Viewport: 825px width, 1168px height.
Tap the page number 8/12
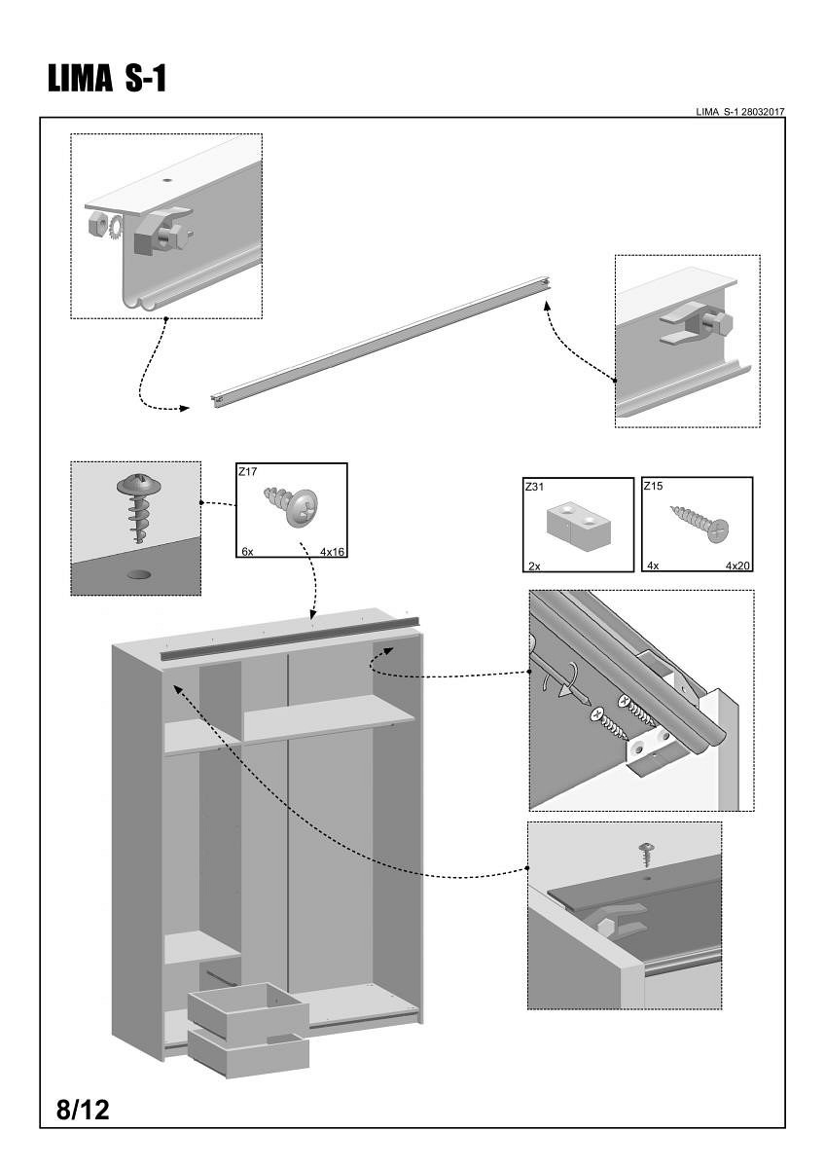(x=83, y=1110)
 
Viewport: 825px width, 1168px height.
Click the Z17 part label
(x=247, y=472)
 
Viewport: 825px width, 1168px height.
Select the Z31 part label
(x=534, y=487)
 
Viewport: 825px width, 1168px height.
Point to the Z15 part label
(x=653, y=487)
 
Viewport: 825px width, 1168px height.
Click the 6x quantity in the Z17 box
(x=247, y=551)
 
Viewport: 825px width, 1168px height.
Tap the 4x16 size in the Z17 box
(x=333, y=551)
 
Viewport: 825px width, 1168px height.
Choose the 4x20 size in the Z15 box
(x=737, y=565)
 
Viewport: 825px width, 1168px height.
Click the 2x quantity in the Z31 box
(x=533, y=565)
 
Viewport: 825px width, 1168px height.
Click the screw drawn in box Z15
(x=700, y=523)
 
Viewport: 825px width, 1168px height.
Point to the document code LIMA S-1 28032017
(x=739, y=112)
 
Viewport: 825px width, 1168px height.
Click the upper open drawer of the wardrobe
(x=248, y=1008)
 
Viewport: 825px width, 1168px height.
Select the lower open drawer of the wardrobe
(x=248, y=1053)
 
